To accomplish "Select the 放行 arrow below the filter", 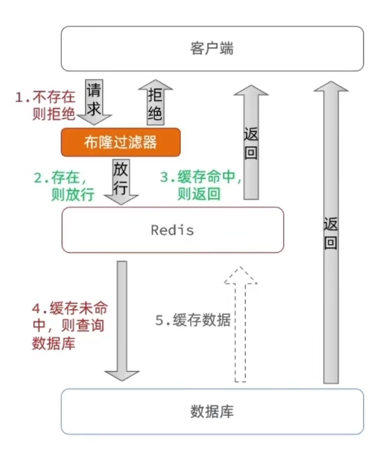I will point(120,180).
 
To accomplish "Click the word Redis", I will point(172,231).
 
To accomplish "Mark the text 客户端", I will point(212,49).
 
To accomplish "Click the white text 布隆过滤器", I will point(121,142).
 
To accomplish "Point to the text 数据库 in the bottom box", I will point(212,411).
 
